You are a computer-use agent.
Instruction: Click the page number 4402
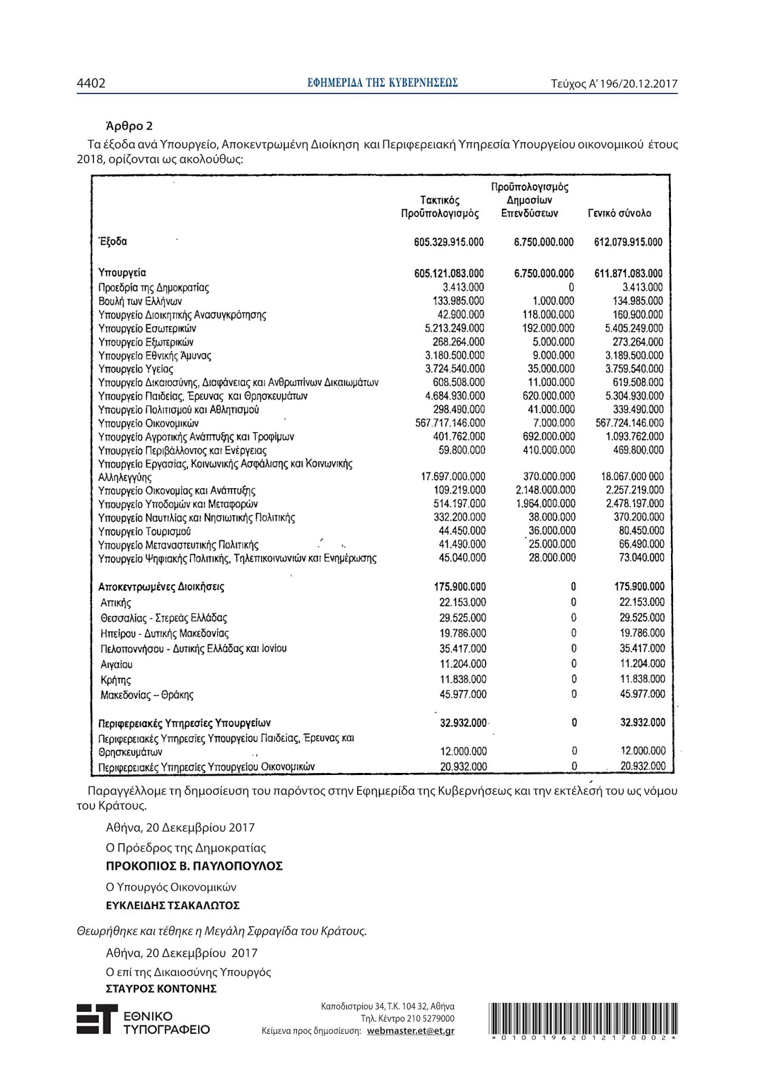(91, 83)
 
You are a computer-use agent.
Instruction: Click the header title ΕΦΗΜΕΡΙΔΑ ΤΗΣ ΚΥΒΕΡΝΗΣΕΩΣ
(382, 83)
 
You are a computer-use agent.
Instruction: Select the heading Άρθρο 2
(129, 126)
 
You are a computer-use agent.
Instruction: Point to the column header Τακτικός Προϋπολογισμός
(440, 207)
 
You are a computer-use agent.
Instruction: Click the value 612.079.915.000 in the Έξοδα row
(628, 242)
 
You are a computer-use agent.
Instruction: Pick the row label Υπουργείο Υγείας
(135, 369)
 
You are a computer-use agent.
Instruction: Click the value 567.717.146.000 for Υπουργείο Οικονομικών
(449, 423)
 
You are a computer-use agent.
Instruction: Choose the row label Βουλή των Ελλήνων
(140, 302)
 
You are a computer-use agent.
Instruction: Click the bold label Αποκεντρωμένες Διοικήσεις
(162, 587)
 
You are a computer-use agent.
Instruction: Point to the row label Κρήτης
(116, 680)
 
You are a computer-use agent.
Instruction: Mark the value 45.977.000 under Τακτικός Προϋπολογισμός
(463, 695)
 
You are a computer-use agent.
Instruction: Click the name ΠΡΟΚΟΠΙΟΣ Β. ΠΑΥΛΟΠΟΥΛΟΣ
(194, 866)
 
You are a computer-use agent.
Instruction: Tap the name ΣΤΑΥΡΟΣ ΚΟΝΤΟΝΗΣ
(161, 989)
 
